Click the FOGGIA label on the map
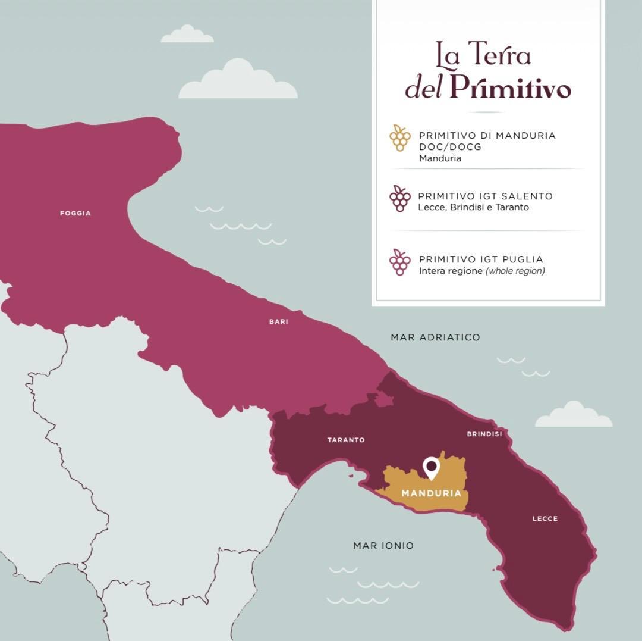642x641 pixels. click(75, 213)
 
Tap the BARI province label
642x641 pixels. click(279, 321)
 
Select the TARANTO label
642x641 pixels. click(346, 440)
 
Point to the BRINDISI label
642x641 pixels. click(484, 434)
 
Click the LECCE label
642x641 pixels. click(545, 518)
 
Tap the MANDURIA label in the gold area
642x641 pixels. click(432, 493)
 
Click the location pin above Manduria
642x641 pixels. click(431, 467)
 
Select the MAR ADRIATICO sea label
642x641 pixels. click(435, 337)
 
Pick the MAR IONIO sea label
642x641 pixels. click(383, 545)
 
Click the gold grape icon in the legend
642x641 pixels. click(400, 138)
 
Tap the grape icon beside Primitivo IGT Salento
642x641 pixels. click(400, 199)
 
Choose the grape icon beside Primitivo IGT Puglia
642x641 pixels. click(400, 262)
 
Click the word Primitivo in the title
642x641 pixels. click(510, 87)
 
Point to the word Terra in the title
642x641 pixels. click(500, 55)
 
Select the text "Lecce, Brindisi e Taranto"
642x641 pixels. click(474, 207)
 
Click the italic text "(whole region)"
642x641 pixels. click(515, 271)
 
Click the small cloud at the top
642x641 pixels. click(187, 35)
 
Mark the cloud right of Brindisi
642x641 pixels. click(574, 415)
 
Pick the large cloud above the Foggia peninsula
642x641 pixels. click(238, 80)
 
